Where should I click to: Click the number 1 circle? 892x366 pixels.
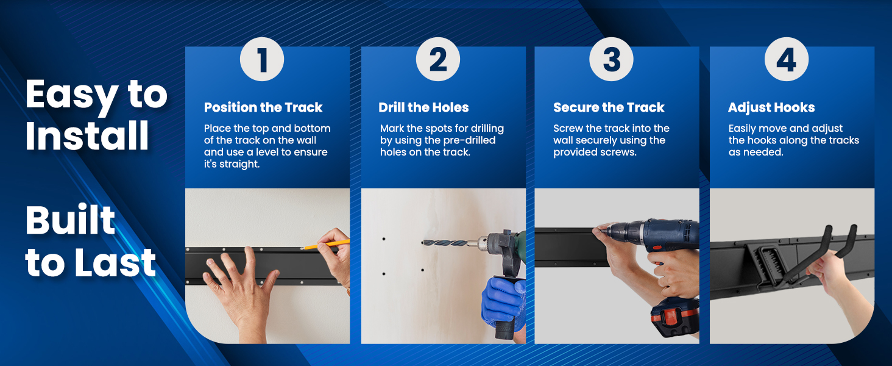261,59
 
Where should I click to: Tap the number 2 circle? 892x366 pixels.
438,59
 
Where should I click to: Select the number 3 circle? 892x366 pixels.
611,59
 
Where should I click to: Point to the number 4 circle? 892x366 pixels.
787,59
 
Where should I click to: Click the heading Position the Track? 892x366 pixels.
263,107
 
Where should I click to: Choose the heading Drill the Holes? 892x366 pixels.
423,107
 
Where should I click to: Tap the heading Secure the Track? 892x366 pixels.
609,107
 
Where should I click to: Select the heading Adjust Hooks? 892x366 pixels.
771,107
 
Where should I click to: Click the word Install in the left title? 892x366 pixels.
87,135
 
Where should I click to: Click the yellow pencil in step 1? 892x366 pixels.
325,244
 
